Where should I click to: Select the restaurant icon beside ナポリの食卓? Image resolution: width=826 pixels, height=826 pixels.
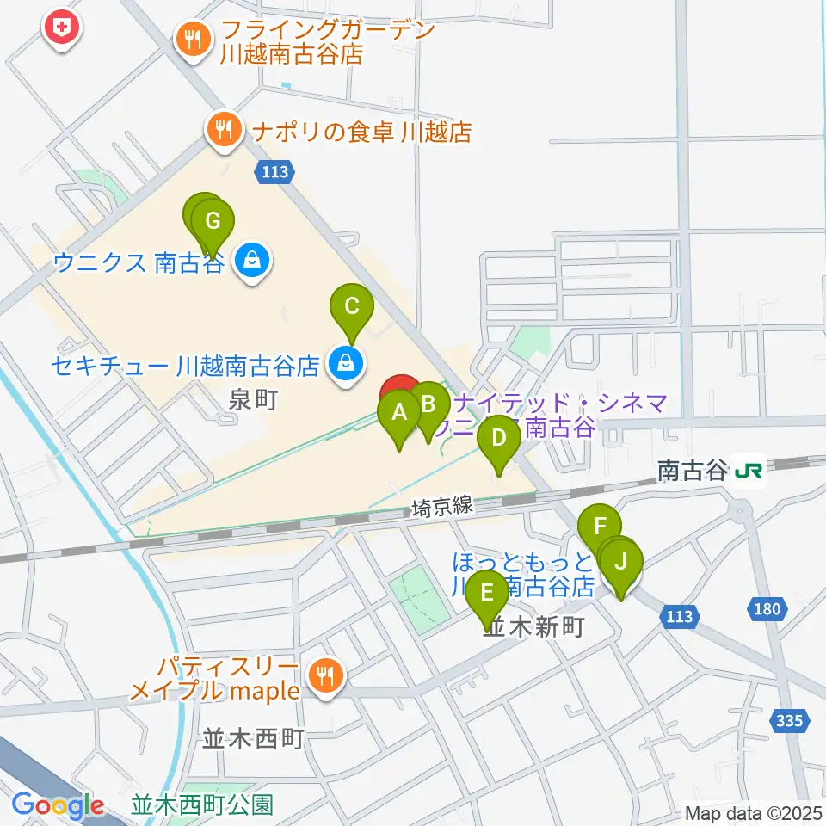pyautogui.click(x=225, y=130)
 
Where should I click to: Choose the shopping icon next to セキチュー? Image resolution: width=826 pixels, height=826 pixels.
pyautogui.click(x=344, y=366)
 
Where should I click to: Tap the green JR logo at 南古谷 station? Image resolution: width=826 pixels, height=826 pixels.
pyautogui.click(x=749, y=470)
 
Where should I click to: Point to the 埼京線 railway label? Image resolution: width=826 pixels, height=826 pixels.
pyautogui.click(x=442, y=508)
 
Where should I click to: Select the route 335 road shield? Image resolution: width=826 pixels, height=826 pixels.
pyautogui.click(x=790, y=719)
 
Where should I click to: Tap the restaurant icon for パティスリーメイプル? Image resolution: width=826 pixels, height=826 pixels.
pyautogui.click(x=324, y=675)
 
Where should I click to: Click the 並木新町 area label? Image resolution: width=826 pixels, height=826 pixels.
pyautogui.click(x=534, y=627)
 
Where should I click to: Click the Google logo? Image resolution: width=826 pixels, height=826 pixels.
pyautogui.click(x=58, y=805)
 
